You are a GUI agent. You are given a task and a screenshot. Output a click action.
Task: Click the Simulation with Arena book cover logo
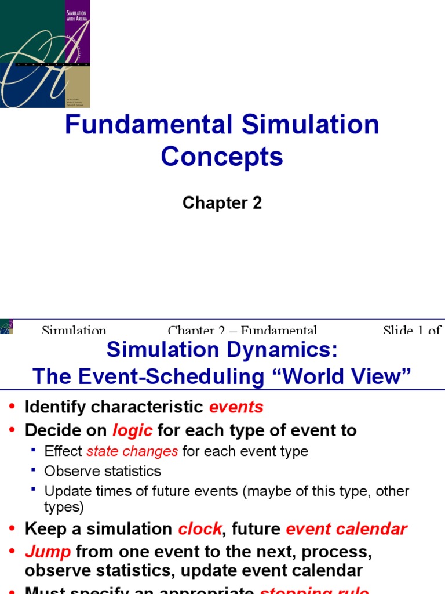point(45,53)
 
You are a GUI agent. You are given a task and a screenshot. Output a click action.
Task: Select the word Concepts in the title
point(222,157)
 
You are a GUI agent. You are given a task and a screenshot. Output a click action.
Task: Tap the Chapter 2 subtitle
point(222,203)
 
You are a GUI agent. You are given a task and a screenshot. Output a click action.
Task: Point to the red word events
point(236,407)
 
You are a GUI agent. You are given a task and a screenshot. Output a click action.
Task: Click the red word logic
point(132,430)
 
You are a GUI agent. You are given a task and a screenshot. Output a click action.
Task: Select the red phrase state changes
point(132,451)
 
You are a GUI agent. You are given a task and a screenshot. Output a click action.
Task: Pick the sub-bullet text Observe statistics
point(103,471)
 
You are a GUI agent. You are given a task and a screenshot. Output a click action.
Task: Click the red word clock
point(199,529)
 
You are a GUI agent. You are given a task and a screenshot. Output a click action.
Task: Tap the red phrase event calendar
point(346,529)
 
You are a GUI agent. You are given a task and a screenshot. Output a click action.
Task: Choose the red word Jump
point(48,551)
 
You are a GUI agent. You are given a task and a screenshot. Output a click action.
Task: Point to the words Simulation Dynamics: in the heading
point(222,350)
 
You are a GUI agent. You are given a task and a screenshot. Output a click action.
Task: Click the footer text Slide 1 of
point(411,331)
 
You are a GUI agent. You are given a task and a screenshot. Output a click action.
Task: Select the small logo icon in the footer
point(6,326)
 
